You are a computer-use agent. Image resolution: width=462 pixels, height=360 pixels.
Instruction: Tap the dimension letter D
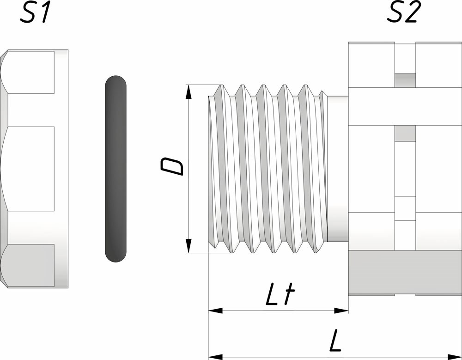coord(172,166)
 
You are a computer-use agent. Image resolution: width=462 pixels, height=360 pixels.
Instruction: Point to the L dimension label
coord(335,341)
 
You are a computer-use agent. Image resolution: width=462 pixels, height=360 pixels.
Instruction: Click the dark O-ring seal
coord(115,169)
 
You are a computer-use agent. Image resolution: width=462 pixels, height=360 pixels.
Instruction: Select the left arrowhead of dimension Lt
coord(215,311)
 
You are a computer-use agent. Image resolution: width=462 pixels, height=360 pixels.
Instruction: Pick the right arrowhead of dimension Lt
coord(341,311)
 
